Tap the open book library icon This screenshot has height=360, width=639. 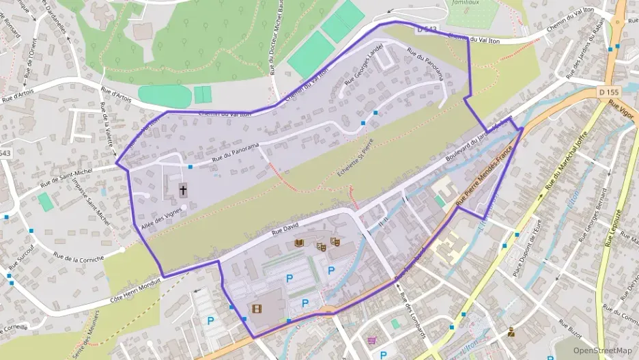click(298, 243)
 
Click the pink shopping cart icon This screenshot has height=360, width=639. click(371, 340)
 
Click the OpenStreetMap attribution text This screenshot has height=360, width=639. click(602, 350)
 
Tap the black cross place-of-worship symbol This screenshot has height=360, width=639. click(183, 190)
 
